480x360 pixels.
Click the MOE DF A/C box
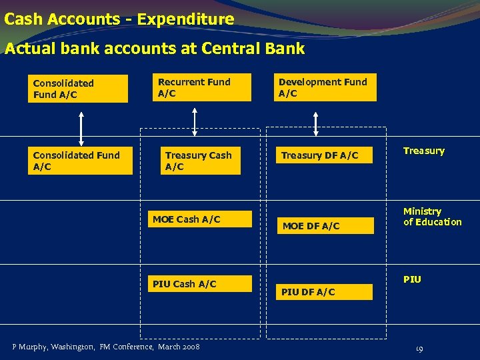326,226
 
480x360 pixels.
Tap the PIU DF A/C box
326,292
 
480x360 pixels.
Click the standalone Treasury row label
423,151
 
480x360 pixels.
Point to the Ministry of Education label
432,217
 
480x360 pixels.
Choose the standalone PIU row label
412,279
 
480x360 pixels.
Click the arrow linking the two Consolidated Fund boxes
81,127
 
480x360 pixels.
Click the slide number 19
419,348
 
